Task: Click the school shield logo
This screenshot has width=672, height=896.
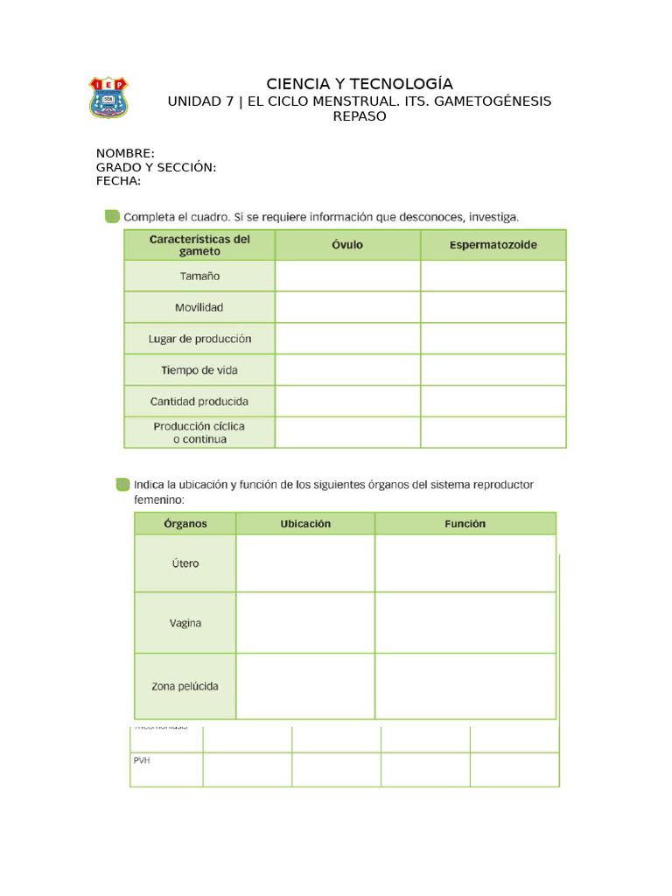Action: click(x=108, y=97)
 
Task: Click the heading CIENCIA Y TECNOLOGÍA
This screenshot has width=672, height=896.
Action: click(x=360, y=84)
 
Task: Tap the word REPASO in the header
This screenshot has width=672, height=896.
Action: click(x=360, y=116)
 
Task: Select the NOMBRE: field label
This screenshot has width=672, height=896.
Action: click(x=125, y=154)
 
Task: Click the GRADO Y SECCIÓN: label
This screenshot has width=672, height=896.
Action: click(x=156, y=168)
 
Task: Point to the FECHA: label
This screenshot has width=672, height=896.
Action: click(x=118, y=181)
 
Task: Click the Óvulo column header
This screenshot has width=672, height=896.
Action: click(x=347, y=245)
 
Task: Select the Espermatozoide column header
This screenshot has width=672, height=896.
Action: click(x=493, y=245)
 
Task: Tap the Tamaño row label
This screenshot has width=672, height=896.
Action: click(x=199, y=276)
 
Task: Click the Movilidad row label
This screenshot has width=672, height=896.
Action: click(x=199, y=307)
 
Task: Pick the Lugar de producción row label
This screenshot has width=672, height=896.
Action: click(x=199, y=339)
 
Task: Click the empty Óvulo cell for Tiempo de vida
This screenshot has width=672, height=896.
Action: click(x=347, y=370)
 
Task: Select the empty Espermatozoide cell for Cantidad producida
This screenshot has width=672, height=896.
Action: click(x=493, y=402)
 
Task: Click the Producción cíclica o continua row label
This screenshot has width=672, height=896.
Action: click(x=199, y=432)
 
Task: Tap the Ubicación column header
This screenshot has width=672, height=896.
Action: click(x=305, y=523)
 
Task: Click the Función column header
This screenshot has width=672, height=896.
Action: click(x=465, y=523)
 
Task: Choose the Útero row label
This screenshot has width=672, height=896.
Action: click(x=185, y=563)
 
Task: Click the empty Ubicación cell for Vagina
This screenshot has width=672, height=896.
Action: click(x=305, y=623)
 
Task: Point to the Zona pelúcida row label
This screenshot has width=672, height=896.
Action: click(x=185, y=686)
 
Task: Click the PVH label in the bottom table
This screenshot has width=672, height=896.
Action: click(x=143, y=760)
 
